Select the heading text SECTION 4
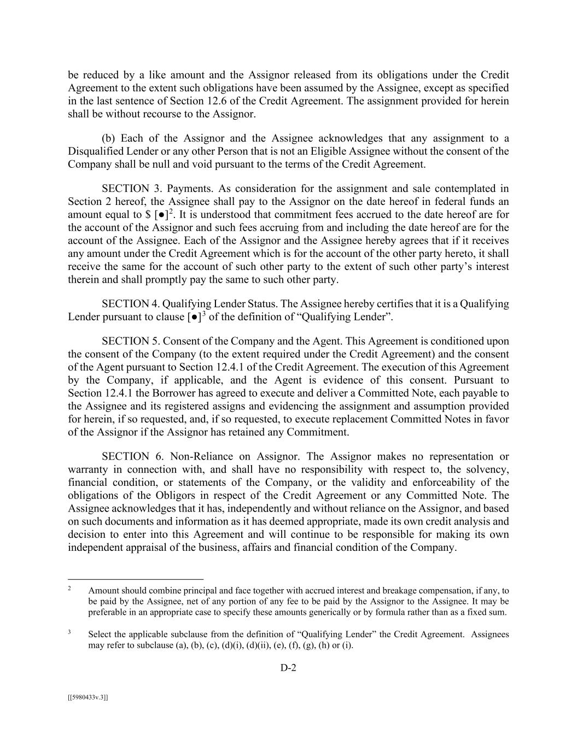tap(125, 304)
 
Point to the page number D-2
tap(288, 667)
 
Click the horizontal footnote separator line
tap(136, 579)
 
